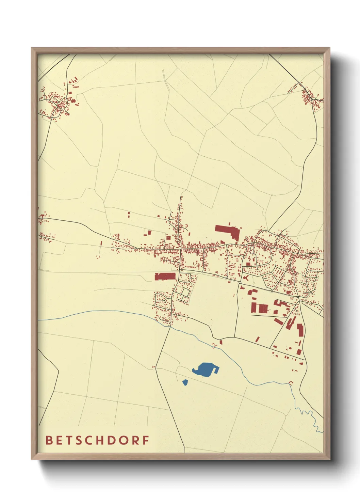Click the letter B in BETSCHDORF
tap(49, 440)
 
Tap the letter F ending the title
tap(146, 440)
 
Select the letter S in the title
tap(78, 440)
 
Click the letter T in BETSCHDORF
tap(68, 440)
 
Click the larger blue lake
tap(205, 369)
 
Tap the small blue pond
tap(185, 382)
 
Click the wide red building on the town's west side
tap(165, 276)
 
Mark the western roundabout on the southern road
tap(240, 282)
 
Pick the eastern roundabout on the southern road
tap(272, 291)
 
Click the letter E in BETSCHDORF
tap(59, 440)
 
